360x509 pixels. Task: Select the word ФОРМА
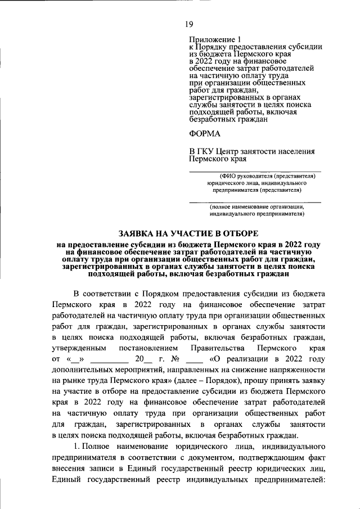click(205, 133)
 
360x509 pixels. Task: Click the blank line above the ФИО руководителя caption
click(254, 171)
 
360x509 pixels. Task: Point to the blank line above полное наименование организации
click(254, 201)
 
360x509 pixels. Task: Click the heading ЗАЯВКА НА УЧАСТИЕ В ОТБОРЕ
click(188, 233)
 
